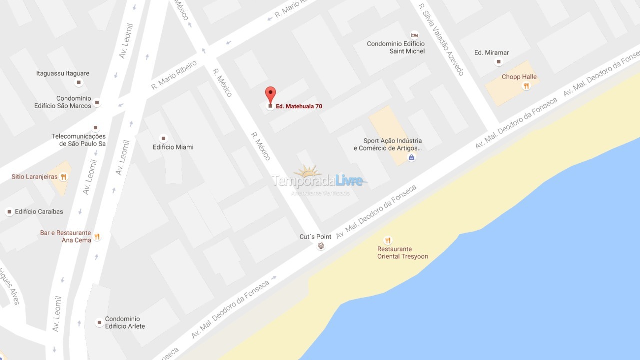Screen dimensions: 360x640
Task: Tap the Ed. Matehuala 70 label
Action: tap(299, 106)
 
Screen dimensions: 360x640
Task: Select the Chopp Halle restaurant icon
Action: tap(526, 86)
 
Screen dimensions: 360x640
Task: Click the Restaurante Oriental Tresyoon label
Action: tap(402, 253)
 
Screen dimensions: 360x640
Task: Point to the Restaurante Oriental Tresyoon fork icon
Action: tap(387, 240)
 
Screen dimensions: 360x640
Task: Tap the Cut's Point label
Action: tap(315, 237)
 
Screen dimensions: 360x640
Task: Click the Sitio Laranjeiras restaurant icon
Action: tap(63, 177)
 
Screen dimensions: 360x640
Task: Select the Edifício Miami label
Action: tap(173, 147)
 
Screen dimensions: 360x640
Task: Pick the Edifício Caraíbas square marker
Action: tap(9, 212)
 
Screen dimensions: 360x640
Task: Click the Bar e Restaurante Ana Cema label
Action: tap(66, 236)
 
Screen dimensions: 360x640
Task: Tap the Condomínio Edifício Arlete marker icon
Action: tap(100, 322)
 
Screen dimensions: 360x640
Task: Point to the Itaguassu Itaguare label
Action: tap(63, 73)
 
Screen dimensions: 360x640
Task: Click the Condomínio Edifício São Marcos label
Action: tap(63, 102)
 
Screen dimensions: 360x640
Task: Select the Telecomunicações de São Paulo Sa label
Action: tap(79, 140)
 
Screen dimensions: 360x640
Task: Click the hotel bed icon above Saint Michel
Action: tap(414, 35)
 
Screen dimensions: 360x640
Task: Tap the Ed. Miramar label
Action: tap(492, 53)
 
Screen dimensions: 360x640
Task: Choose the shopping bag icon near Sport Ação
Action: tap(411, 158)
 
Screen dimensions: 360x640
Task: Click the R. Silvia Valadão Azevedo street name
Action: tap(442, 40)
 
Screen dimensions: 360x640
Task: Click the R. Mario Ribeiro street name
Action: tap(174, 75)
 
